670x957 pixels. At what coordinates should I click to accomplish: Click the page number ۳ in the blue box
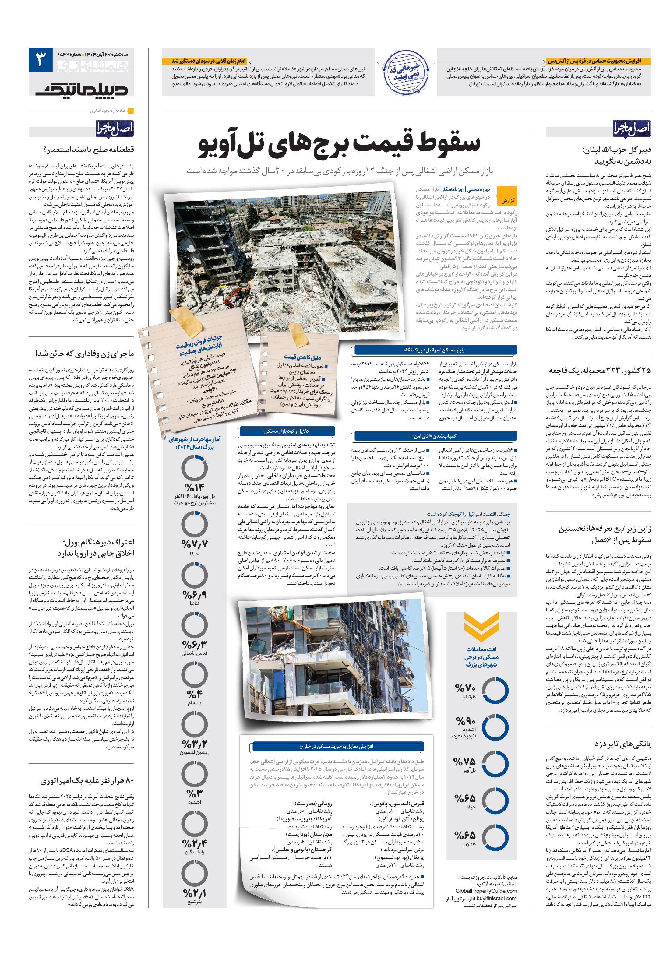coord(41,60)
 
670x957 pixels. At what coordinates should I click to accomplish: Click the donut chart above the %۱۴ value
coord(194,468)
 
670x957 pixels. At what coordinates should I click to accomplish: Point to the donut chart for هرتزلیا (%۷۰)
coord(495,690)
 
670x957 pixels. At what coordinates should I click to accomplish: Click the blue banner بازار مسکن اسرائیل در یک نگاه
coord(434,350)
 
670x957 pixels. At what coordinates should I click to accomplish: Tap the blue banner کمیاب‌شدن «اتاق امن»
coord(434,436)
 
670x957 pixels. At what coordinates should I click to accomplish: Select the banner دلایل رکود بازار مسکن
coord(287,431)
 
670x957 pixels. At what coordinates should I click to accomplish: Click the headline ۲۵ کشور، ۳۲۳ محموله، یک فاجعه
coord(599,371)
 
